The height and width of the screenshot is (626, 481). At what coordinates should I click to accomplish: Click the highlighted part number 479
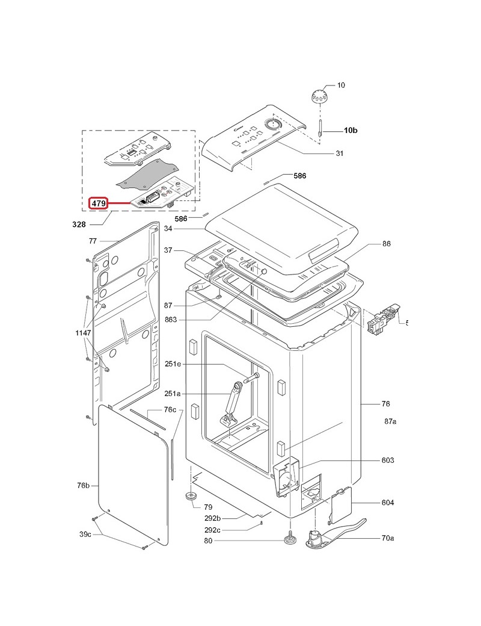[x=99, y=204]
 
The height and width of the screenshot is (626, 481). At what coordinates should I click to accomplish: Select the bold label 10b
[x=351, y=130]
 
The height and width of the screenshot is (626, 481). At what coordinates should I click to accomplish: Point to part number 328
[x=79, y=225]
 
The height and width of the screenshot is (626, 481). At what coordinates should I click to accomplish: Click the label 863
[x=170, y=320]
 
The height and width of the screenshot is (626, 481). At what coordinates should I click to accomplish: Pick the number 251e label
[x=173, y=364]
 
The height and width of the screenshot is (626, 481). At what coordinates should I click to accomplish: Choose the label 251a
[x=173, y=394]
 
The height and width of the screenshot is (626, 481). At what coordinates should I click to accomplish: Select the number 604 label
[x=388, y=503]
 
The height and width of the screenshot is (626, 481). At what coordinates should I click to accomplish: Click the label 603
[x=388, y=460]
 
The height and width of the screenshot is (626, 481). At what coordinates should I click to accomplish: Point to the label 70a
[x=388, y=538]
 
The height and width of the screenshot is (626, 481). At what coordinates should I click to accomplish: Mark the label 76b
[x=83, y=485]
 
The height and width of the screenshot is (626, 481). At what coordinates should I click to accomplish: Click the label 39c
[x=85, y=534]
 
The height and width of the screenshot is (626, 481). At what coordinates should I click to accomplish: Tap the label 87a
[x=390, y=422]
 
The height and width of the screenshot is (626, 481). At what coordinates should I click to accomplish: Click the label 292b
[x=213, y=518]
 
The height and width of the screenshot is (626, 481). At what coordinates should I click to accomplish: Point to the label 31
[x=339, y=153]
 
